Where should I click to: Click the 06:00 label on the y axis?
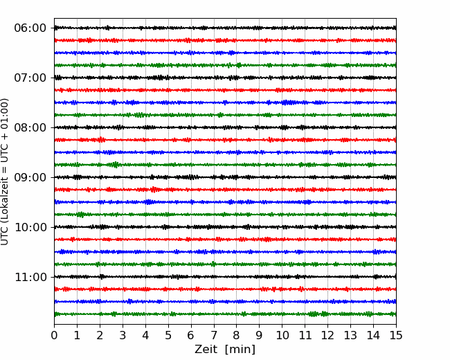(30, 28)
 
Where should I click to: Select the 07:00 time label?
(30, 78)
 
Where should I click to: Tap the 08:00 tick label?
(30, 127)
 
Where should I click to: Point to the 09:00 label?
(30, 177)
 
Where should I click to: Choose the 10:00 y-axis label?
(30, 227)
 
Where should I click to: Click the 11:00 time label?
(30, 277)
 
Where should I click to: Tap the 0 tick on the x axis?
(54, 335)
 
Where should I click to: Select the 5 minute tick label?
(168, 335)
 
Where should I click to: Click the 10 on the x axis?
(282, 335)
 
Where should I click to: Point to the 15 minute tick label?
(396, 335)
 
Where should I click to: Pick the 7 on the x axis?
(214, 335)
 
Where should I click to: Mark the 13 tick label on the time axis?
(350, 335)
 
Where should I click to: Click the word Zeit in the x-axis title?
(206, 349)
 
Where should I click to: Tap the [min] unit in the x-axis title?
(240, 350)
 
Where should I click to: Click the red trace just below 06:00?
(225, 40)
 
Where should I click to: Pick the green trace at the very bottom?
(225, 314)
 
